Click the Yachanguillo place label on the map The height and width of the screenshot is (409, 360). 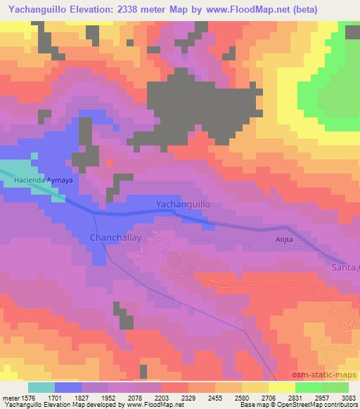(x=183, y=204)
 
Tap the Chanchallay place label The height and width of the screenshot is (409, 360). (x=116, y=238)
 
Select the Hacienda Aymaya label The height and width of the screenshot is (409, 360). (x=43, y=181)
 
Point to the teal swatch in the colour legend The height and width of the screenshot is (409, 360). (x=41, y=387)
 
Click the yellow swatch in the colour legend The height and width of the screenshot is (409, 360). (x=282, y=387)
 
